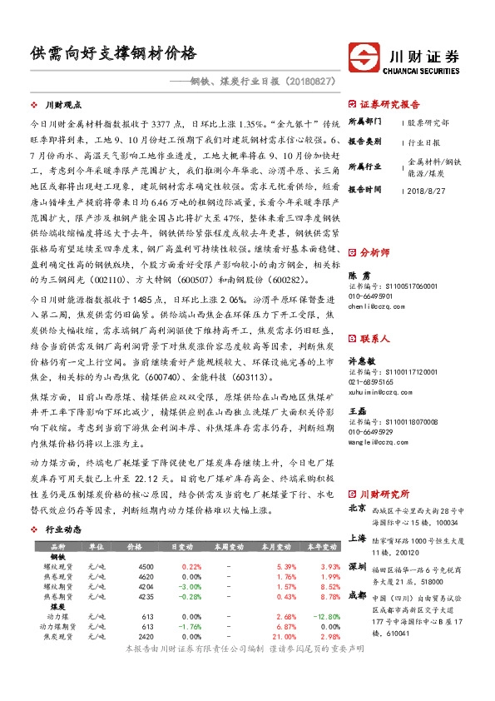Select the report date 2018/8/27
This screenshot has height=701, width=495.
[425, 190]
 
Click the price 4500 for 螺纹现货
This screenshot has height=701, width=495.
[146, 566]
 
